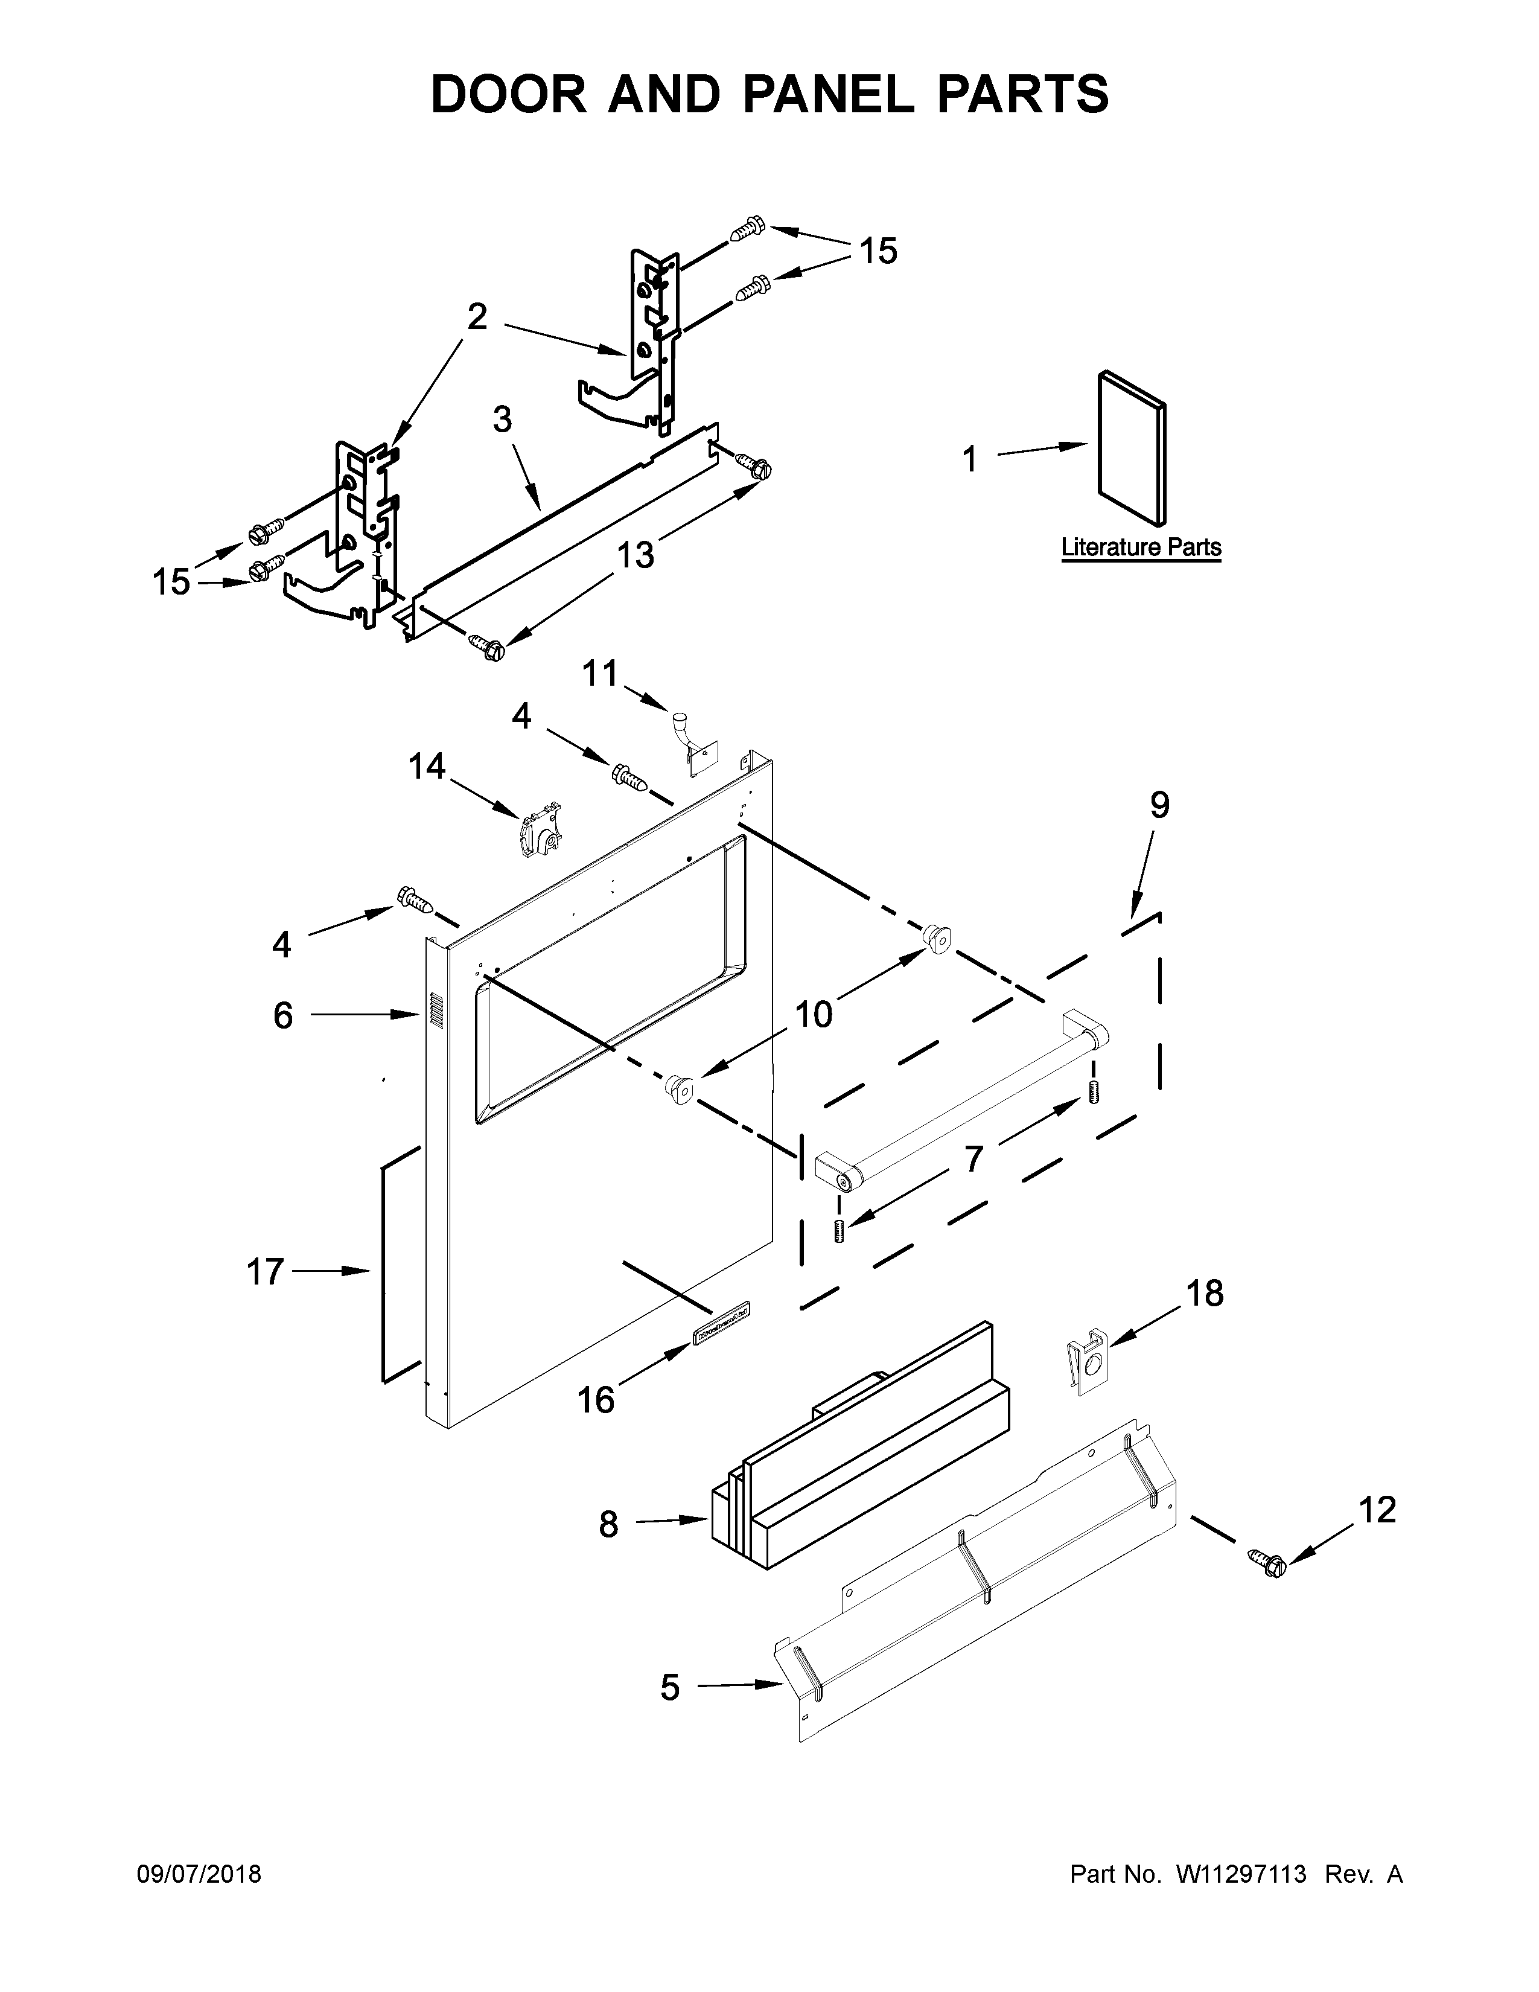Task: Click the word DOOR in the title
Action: pos(509,94)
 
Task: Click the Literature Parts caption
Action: pos(1141,547)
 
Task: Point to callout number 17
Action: pos(266,1271)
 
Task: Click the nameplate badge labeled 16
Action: pos(719,1321)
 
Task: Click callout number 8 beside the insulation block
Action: pos(608,1524)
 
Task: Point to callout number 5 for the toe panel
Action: pos(670,1687)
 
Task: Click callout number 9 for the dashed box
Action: pos(1159,805)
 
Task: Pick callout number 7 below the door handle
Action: pos(973,1159)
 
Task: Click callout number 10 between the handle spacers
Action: pos(814,1014)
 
